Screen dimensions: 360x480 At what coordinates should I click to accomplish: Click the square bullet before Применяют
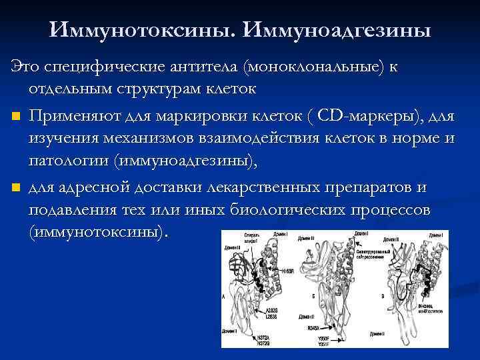pyautogui.click(x=15, y=118)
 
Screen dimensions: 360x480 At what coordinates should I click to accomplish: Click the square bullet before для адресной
pyautogui.click(x=15, y=189)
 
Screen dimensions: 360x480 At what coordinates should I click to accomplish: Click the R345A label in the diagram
pyautogui.click(x=315, y=328)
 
